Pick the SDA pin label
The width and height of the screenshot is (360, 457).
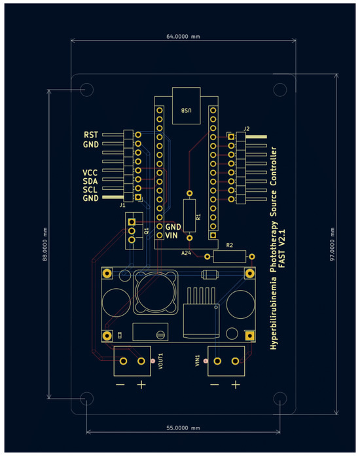point(90,181)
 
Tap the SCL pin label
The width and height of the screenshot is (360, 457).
point(90,189)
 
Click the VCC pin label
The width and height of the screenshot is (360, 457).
point(90,172)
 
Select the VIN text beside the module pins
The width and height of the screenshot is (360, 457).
point(172,235)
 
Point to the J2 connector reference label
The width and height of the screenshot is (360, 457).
point(246,128)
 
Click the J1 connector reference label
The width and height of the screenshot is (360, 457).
point(122,205)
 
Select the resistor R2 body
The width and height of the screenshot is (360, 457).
point(229,255)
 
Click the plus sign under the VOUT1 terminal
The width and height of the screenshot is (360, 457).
point(141,385)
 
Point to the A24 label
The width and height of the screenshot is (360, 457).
point(187,251)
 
